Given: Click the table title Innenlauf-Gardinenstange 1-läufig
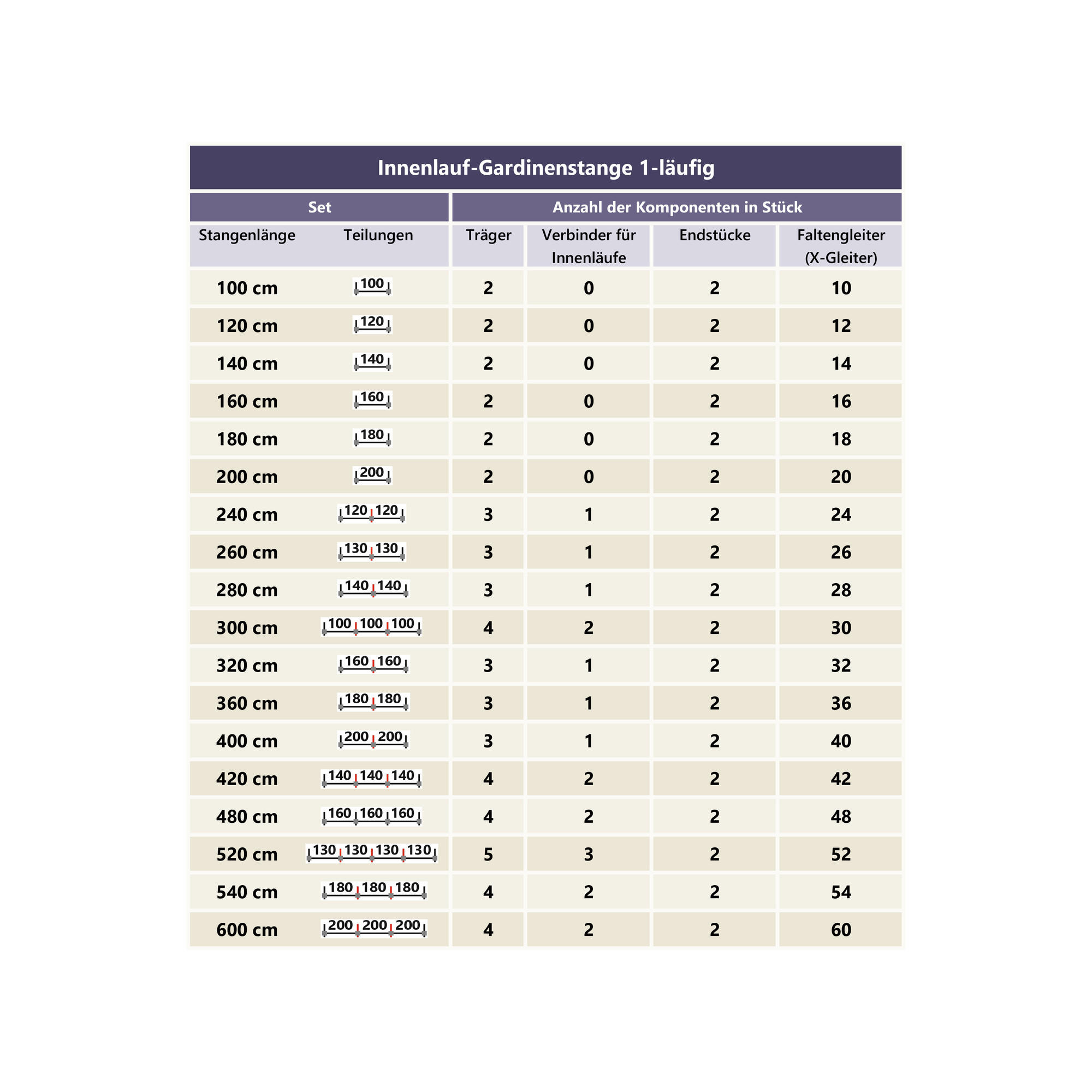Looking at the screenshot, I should pyautogui.click(x=545, y=168).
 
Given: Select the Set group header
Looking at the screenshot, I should pyautogui.click(x=319, y=207).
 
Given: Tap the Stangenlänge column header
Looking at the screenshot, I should pyautogui.click(x=247, y=235).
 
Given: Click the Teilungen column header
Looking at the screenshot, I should pyautogui.click(x=378, y=235).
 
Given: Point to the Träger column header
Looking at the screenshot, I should pyautogui.click(x=488, y=235).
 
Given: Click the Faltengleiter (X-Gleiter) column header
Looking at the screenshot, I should pyautogui.click(x=840, y=246).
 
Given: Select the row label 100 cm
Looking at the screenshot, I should pyautogui.click(x=247, y=288).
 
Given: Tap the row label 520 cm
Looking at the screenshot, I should pyautogui.click(x=247, y=854).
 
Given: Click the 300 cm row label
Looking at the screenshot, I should pyautogui.click(x=247, y=628).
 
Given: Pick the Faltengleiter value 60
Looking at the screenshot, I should pyautogui.click(x=840, y=930).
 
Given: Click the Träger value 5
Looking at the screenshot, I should pyautogui.click(x=488, y=854).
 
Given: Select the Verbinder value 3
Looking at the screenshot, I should pyautogui.click(x=589, y=854).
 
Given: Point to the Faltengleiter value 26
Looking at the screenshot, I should pyautogui.click(x=840, y=552).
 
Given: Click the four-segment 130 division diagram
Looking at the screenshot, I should pyautogui.click(x=372, y=853).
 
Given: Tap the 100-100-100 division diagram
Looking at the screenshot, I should pyautogui.click(x=372, y=626).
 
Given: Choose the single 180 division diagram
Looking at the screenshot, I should pyautogui.click(x=372, y=437).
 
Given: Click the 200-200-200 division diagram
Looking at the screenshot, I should pyautogui.click(x=374, y=928).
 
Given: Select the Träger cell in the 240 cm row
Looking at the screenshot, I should pyautogui.click(x=488, y=515).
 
